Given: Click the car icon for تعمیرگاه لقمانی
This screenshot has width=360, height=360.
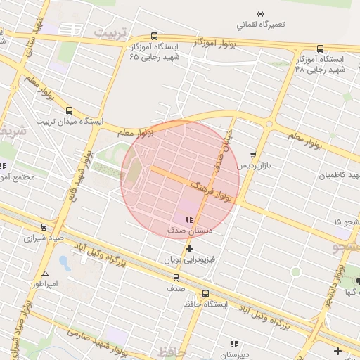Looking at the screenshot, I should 261,13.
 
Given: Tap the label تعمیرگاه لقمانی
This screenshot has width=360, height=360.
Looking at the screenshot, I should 261,24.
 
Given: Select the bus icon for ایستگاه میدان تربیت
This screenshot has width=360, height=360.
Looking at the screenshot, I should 69,110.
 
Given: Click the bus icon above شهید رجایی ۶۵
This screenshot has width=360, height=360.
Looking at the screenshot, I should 154,37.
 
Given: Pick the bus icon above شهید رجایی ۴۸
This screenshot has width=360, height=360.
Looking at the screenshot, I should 320,49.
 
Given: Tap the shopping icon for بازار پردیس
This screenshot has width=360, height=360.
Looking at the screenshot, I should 254,155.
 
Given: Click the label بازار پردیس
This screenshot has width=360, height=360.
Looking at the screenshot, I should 253,165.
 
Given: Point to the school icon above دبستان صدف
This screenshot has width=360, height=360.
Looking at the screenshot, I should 188,219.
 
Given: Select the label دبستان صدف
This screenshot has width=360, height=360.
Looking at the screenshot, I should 190,230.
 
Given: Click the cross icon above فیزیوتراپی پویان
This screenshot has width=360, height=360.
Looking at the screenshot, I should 189,248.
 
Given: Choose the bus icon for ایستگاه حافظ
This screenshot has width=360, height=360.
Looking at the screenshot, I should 205,294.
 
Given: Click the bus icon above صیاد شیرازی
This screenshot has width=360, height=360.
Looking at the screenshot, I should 44,227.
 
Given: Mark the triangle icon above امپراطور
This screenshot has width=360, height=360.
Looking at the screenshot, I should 46,274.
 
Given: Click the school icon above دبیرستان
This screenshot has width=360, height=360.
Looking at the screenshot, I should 234,344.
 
